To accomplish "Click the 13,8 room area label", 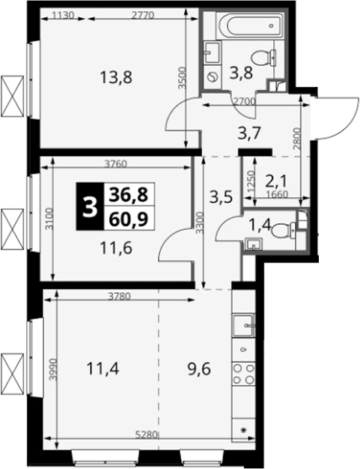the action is pos(116,78).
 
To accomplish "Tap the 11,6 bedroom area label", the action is pos(116,248).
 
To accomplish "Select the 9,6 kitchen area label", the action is pos(199,369).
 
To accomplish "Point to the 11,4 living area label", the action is pos(103,369).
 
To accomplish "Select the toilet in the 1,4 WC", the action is pos(284,230).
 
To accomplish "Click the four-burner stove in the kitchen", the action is pos(243,373).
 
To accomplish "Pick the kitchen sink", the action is pos(243,325).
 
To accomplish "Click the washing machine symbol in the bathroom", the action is pos(213,77).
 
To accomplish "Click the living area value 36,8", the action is pos(129,195).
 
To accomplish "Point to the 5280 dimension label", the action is pos(147,435).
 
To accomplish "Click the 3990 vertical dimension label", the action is pos(53,369).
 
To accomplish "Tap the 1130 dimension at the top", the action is pos(63,16).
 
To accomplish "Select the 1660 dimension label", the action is pos(277,195).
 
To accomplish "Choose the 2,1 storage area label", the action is pos(275,181).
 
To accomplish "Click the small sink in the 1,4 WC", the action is pos(254,244).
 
